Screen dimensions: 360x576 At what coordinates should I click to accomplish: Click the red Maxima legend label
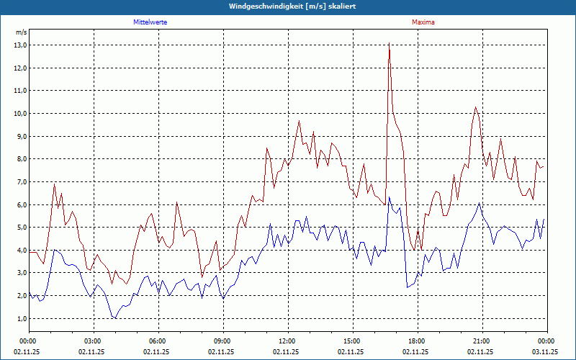423,22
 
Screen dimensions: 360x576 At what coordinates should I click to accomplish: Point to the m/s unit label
21,32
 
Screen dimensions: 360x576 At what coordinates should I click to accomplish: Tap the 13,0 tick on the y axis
20,45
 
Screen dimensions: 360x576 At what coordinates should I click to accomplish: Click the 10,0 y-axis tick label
20,114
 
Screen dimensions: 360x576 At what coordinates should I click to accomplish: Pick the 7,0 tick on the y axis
20,182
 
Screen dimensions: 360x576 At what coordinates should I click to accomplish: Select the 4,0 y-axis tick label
20,251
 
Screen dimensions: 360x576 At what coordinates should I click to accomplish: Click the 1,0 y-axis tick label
20,319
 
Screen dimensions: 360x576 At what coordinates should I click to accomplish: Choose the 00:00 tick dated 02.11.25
28,341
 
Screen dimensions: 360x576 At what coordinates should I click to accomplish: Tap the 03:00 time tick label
93,341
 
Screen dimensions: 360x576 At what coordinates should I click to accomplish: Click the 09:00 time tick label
222,341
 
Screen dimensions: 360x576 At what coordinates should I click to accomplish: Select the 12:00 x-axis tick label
287,341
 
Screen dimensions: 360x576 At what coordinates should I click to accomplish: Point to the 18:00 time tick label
417,341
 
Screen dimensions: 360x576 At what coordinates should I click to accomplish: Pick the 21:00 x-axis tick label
482,341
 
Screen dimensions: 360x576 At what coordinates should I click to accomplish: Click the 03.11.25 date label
545,352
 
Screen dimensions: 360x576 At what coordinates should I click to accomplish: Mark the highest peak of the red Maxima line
389,43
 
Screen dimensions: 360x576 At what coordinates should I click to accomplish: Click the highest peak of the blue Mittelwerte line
389,197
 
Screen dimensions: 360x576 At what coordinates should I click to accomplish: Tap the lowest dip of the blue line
115,318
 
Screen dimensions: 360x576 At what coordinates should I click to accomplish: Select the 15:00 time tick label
352,341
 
